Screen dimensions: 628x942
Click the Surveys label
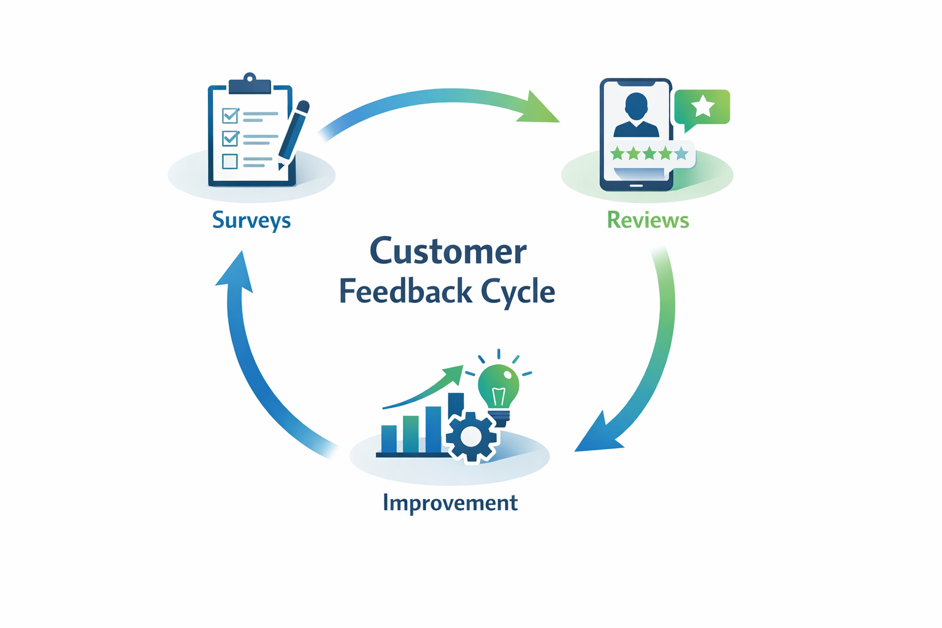[251, 220]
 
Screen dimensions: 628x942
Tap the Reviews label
[648, 220]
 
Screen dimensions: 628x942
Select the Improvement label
[450, 503]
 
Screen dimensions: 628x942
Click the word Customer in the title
[448, 251]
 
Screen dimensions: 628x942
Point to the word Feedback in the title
[405, 291]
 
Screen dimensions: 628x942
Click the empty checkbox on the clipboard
[230, 161]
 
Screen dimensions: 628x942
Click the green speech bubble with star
[702, 107]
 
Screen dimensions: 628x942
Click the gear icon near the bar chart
[471, 436]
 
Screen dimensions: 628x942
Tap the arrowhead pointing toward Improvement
[595, 437]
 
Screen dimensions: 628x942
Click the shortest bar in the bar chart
[389, 438]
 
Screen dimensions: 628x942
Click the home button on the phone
[636, 185]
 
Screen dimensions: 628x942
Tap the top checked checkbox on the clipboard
[230, 115]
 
